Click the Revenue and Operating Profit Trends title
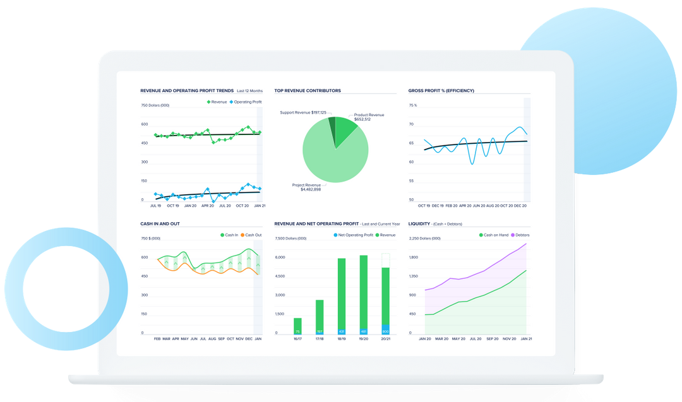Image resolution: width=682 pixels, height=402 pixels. (x=187, y=91)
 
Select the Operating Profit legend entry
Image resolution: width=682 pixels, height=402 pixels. (x=246, y=102)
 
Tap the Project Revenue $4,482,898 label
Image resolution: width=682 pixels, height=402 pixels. (x=306, y=187)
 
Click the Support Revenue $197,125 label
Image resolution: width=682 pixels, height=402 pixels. (x=303, y=112)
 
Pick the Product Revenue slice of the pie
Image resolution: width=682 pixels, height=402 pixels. (x=345, y=130)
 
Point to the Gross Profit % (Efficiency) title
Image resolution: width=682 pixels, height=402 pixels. (x=441, y=91)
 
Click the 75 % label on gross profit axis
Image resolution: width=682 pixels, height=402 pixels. (x=413, y=105)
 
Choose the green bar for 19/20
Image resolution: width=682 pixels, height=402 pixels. (x=364, y=290)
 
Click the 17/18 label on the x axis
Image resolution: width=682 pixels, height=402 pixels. (x=320, y=339)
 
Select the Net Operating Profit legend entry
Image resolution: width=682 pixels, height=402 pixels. (x=353, y=235)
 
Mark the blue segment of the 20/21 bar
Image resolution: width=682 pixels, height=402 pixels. (x=386, y=329)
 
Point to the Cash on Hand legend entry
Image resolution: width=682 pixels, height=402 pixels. (x=494, y=235)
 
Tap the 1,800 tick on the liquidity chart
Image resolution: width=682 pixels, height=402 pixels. (x=414, y=257)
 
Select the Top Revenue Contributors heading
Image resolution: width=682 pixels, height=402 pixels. (x=308, y=91)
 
